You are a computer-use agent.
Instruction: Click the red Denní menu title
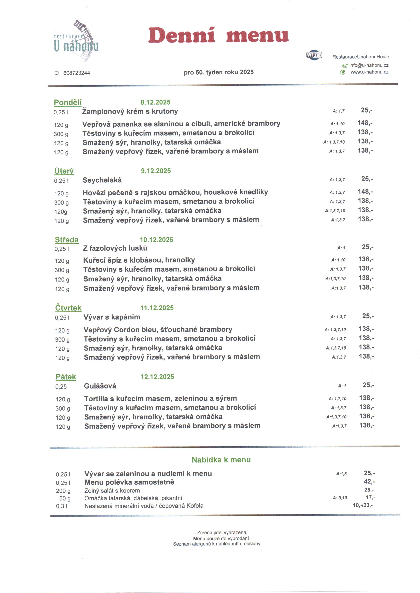pos(218,35)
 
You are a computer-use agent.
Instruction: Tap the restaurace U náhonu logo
pos(76,41)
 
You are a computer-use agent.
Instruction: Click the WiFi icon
pos(314,55)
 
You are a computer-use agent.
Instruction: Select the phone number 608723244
pos(77,73)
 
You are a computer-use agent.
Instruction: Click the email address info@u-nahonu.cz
pos(369,65)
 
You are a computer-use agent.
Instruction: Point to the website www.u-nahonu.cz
pos(369,72)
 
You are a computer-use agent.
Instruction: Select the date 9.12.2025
pos(156,171)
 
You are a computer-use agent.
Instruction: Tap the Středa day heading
pos(66,240)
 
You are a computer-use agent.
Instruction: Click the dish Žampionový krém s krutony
pos(130,111)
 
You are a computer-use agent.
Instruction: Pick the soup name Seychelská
pos(102,180)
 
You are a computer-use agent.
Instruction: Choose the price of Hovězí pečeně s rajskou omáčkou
pos(365,192)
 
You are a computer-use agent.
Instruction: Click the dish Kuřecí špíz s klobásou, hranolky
pos(139,260)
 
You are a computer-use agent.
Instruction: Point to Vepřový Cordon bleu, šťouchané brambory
pos(158,330)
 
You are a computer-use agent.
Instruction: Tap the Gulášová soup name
pos(100,386)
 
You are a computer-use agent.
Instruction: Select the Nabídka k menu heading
pos(221,460)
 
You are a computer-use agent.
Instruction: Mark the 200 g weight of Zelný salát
pos(63,491)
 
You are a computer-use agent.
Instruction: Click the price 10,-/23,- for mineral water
pos(363,505)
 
